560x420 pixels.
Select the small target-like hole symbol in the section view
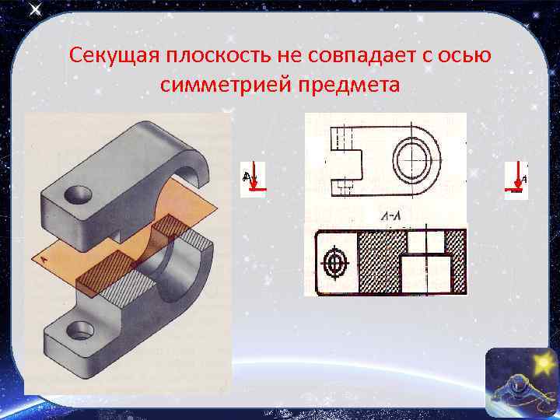pyautogui.click(x=335, y=262)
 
